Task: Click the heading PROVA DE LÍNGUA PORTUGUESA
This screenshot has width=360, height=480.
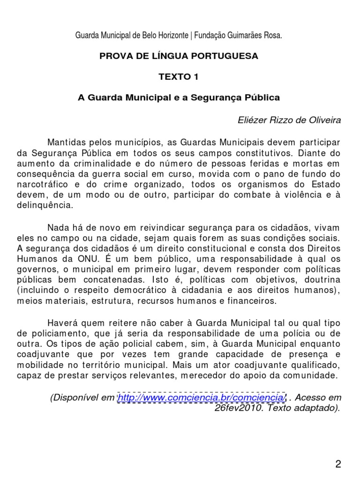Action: pyautogui.click(x=179, y=56)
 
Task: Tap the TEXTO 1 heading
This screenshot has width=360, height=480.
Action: pyautogui.click(x=179, y=77)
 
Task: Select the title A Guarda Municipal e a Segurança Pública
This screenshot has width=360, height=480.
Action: pyautogui.click(x=179, y=98)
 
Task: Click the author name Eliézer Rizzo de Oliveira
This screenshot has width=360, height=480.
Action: pyautogui.click(x=290, y=120)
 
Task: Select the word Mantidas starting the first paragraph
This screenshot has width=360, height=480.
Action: pyautogui.click(x=66, y=142)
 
